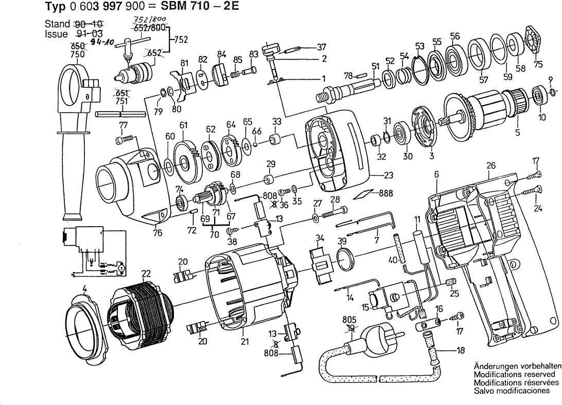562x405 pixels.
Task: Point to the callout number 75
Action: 538,64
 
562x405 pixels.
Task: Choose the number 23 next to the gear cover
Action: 388,175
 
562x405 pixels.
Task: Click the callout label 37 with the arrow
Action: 322,46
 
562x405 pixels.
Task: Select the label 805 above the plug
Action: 348,319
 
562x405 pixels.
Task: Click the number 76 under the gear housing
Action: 157,233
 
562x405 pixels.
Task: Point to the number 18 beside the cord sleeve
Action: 460,351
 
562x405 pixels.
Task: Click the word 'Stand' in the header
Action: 57,24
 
